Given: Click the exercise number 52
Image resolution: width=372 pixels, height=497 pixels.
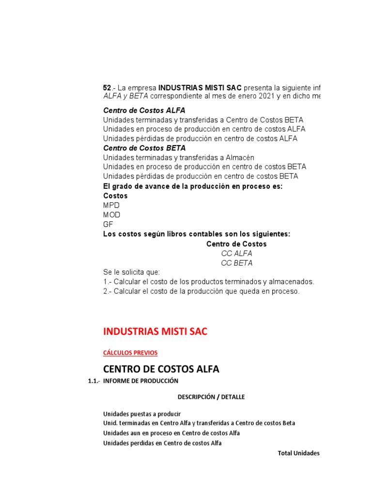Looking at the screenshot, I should click(107, 88).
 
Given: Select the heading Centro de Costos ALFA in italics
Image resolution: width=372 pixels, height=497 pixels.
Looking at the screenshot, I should click(144, 110).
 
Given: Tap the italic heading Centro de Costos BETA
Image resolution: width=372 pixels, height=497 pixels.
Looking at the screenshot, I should click(144, 148).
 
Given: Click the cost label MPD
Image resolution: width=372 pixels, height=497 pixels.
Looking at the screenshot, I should click(111, 205).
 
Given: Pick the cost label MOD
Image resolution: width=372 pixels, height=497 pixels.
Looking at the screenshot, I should click(112, 215).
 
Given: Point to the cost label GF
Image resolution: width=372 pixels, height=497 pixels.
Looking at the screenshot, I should click(108, 224).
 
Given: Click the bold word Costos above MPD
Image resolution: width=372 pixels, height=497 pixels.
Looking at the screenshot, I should click(115, 196).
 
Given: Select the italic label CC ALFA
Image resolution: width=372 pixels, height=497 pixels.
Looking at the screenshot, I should click(236, 253).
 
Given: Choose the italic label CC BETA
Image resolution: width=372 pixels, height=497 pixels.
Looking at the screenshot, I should click(236, 263).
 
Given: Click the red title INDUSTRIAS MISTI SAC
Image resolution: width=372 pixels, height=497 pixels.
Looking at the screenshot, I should click(155, 331).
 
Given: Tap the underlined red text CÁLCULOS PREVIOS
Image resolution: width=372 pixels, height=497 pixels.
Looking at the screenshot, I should click(130, 352).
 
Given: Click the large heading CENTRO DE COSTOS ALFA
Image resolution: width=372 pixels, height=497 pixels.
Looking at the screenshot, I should click(161, 369).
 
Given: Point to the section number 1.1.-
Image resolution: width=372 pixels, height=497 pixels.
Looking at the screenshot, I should click(94, 381).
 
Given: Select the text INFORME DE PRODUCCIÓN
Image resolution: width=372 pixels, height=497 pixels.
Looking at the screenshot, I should click(140, 381).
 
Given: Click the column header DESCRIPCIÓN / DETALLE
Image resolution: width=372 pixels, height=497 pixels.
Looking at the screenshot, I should click(211, 397).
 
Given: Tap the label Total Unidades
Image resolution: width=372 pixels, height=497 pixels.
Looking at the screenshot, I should click(298, 453).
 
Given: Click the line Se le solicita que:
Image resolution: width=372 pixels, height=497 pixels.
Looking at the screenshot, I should click(131, 272).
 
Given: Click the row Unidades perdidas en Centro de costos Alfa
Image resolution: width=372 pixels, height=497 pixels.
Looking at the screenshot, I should click(162, 443).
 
